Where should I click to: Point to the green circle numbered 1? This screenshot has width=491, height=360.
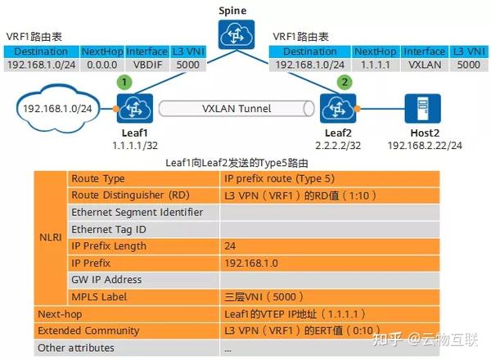(x=124, y=83)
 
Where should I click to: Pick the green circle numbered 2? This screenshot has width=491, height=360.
(x=345, y=83)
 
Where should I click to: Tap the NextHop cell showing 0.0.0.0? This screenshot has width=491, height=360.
(x=101, y=64)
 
